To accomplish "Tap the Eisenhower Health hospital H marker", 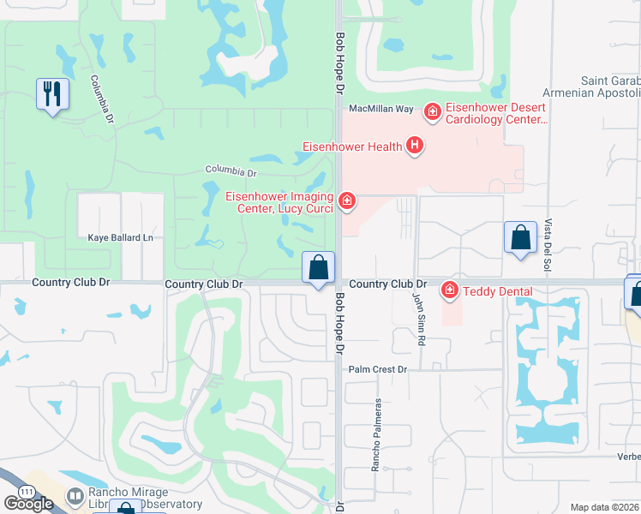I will pyautogui.click(x=415, y=146).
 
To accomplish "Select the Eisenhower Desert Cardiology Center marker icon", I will pyautogui.click(x=433, y=111).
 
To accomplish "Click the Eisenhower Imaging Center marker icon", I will pyautogui.click(x=347, y=201).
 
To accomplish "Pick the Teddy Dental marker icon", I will pyautogui.click(x=449, y=291).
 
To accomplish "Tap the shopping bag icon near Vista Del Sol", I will pyautogui.click(x=520, y=239).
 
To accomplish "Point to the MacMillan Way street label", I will pyautogui.click(x=380, y=109).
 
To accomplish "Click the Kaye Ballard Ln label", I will pyautogui.click(x=121, y=236).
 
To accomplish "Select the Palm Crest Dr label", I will pyautogui.click(x=381, y=369).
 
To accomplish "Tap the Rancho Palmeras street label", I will pyautogui.click(x=375, y=435).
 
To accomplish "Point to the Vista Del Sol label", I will pyautogui.click(x=547, y=247).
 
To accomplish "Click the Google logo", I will pyautogui.click(x=28, y=504).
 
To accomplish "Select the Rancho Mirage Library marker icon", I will pyautogui.click(x=75, y=496).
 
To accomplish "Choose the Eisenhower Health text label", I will pyautogui.click(x=352, y=146).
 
